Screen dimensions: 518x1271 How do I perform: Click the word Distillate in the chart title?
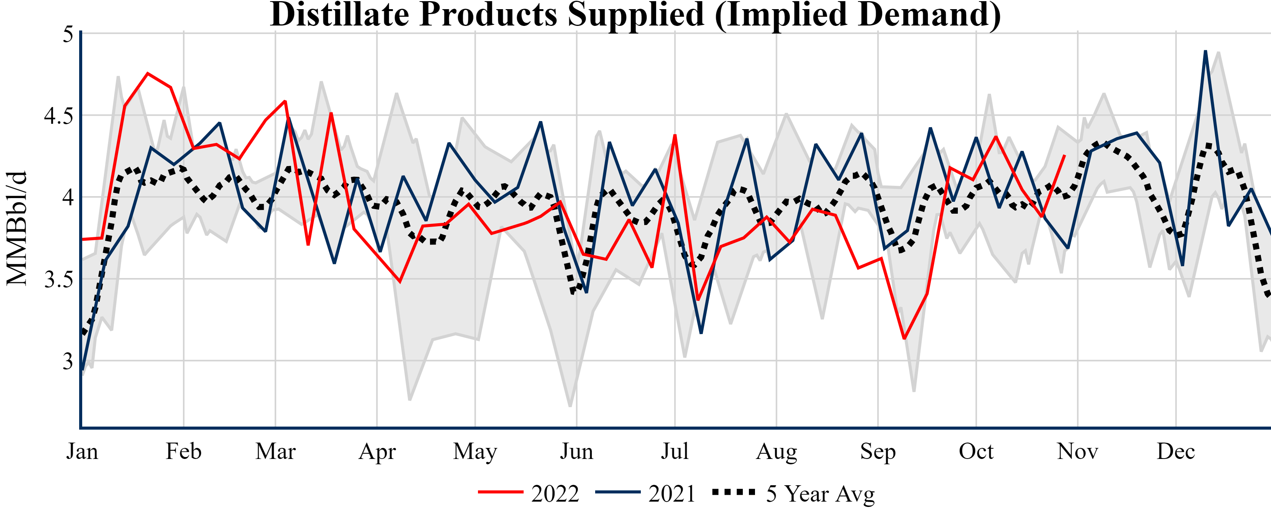(339, 15)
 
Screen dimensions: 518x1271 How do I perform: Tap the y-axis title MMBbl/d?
(17, 228)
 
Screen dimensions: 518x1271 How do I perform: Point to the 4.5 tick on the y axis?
(58, 115)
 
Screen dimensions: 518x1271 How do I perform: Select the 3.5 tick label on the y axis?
(58, 280)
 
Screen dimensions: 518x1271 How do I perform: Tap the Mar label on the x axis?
(275, 451)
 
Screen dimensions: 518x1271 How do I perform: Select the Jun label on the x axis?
(576, 451)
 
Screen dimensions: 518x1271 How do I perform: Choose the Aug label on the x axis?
(776, 451)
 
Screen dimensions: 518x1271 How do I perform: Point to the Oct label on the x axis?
(976, 451)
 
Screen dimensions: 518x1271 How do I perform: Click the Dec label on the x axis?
(1176, 451)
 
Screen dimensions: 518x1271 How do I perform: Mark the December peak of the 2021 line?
(1206, 51)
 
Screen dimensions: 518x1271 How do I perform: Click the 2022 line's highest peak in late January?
(148, 74)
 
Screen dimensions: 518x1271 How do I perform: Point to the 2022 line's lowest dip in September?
(904, 338)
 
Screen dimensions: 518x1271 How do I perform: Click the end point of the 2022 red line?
(1064, 155)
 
